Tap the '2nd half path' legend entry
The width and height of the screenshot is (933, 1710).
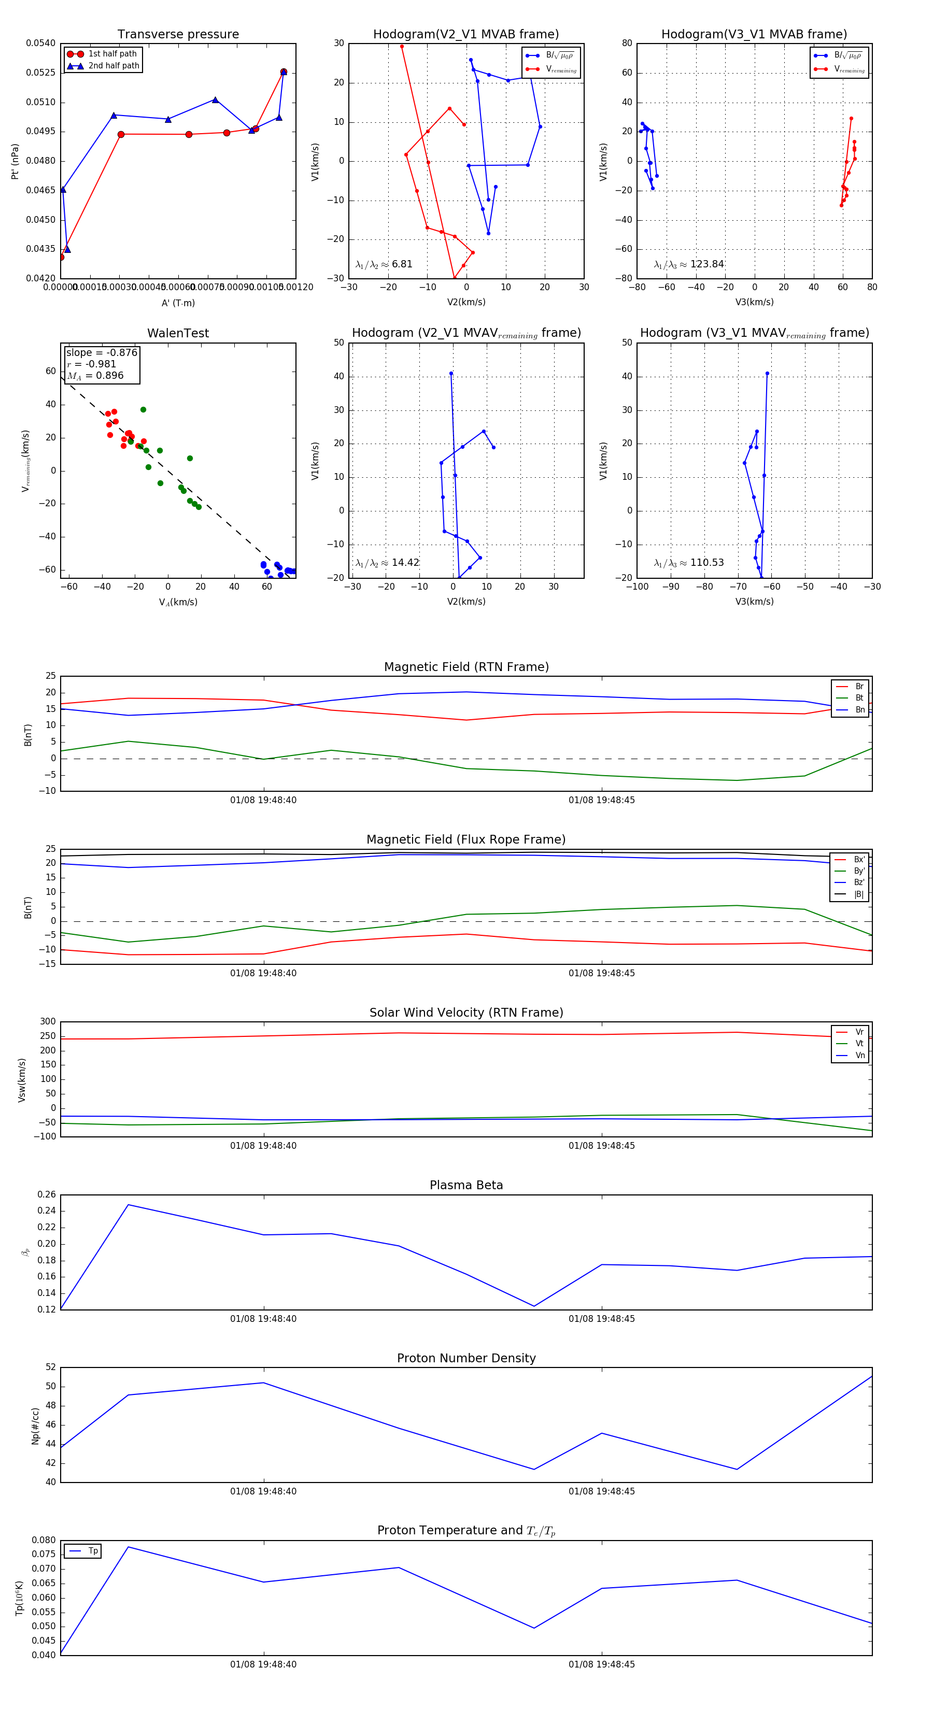pos(114,66)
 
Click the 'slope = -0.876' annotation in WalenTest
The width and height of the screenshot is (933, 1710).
pos(102,352)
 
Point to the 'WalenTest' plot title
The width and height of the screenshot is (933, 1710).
pos(178,333)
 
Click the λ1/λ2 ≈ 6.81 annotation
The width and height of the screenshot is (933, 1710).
pos(384,264)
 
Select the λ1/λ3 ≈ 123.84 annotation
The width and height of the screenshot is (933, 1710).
pos(689,264)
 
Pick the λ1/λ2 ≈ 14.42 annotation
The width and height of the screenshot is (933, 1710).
pos(387,563)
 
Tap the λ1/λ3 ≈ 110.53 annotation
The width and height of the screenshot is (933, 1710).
pos(689,563)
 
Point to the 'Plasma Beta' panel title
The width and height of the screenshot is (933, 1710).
pos(466,1186)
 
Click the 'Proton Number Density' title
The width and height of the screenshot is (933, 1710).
pos(466,1358)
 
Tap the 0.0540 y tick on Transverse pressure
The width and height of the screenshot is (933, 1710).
pos(40,44)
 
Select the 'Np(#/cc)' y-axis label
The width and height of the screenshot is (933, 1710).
pos(35,1426)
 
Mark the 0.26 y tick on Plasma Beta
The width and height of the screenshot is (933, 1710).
pos(47,1195)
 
